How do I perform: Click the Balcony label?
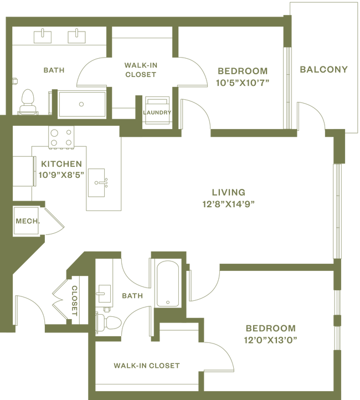click(x=323, y=70)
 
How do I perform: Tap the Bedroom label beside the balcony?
click(x=242, y=71)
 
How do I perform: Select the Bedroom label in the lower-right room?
click(x=270, y=327)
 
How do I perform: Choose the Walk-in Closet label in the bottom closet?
click(x=146, y=366)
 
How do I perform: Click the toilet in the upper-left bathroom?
click(x=26, y=101)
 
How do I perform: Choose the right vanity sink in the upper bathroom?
click(x=74, y=36)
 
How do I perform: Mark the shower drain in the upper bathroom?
click(x=81, y=103)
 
